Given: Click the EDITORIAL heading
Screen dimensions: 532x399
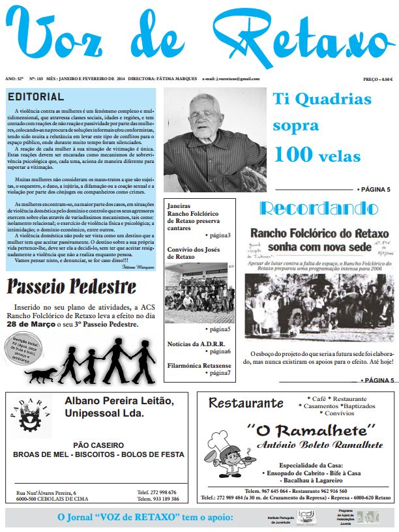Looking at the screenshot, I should click(x=36, y=97).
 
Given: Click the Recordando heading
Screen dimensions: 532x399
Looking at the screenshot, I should click(x=319, y=209).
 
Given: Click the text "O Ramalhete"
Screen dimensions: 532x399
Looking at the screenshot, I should click(x=314, y=430).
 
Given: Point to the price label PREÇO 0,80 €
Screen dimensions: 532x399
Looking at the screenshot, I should click(x=377, y=79).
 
